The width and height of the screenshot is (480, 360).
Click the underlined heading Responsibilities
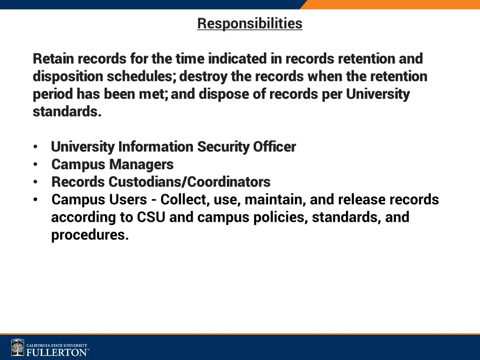[x=250, y=23]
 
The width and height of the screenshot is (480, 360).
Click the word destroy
[x=203, y=76]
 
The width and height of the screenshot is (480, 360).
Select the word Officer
[x=275, y=147]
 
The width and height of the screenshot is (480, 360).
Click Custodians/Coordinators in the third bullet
[x=189, y=182]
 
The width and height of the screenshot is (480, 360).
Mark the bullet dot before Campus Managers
[x=36, y=165]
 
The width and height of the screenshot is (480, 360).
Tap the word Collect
[x=185, y=200]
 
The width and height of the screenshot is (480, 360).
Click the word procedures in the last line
[x=90, y=235]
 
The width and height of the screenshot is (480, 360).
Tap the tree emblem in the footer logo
[x=18, y=347]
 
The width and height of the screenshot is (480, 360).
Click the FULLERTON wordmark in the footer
[x=56, y=352]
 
